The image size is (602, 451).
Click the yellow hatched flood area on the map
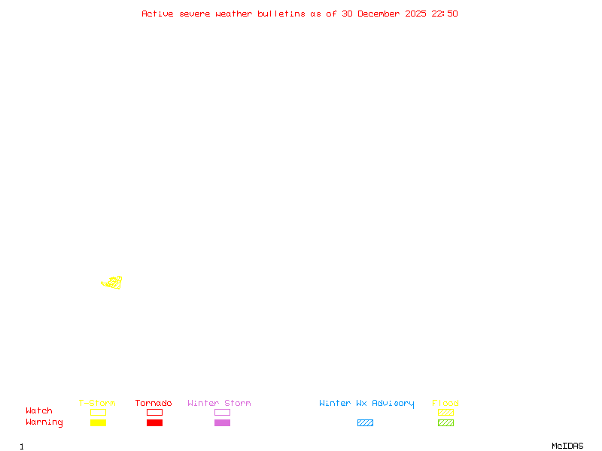tap(113, 283)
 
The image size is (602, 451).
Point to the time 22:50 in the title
tap(444, 14)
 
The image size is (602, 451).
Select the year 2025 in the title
tap(415, 14)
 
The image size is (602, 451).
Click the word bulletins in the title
tap(281, 14)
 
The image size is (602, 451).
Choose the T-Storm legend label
tap(97, 404)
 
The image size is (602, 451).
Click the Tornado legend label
tap(154, 404)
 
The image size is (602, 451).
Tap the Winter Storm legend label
tap(219, 404)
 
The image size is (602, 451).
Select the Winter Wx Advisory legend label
tap(366, 404)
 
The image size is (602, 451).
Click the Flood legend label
tap(445, 404)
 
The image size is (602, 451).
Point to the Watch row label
tap(39, 411)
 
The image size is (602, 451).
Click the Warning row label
tap(44, 422)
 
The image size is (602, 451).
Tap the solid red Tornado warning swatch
tap(154, 423)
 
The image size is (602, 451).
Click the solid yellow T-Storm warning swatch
tap(98, 423)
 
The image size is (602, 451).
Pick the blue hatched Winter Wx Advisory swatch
tap(365, 423)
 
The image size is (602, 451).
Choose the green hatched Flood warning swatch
tap(445, 423)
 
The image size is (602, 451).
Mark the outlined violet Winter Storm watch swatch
tap(222, 413)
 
